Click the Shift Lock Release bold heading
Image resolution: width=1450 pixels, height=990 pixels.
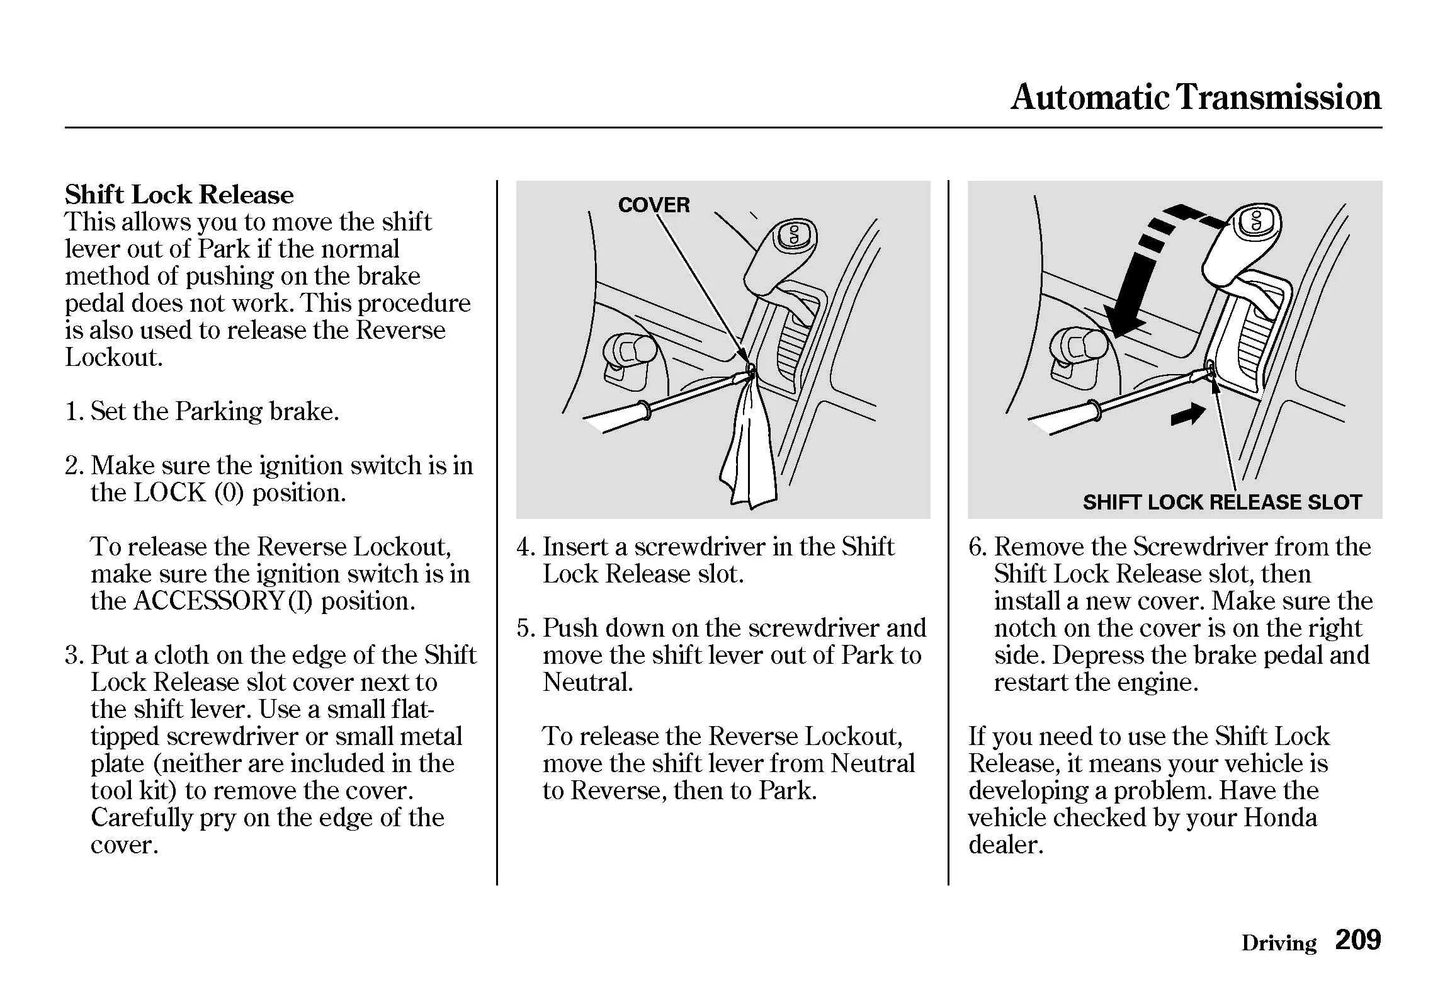179,195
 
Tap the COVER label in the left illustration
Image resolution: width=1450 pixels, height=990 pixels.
654,205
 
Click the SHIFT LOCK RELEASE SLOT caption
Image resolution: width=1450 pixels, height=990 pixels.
1221,502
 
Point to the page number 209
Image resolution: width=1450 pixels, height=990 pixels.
1357,940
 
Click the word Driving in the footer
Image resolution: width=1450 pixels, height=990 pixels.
1278,943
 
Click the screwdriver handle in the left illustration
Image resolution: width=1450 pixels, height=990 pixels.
614,417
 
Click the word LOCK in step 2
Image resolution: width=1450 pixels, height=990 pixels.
170,492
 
